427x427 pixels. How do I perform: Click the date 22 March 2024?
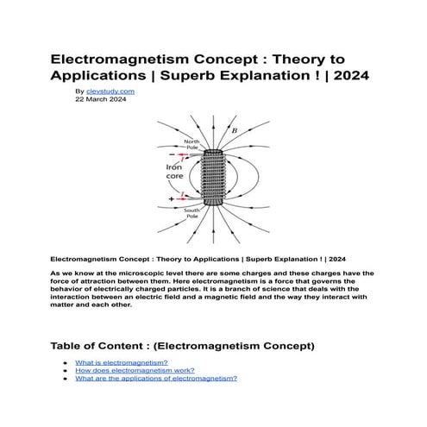pyautogui.click(x=101, y=99)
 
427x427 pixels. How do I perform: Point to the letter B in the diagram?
pyautogui.click(x=235, y=130)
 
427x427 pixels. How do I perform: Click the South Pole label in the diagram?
pyautogui.click(x=192, y=212)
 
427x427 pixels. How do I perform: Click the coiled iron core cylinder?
pyautogui.click(x=213, y=179)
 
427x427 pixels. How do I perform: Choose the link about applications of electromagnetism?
pyautogui.click(x=155, y=379)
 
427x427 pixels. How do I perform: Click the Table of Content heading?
pyautogui.click(x=182, y=346)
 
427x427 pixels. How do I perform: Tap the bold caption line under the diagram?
pyautogui.click(x=198, y=257)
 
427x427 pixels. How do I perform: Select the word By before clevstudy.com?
pyautogui.click(x=79, y=91)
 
